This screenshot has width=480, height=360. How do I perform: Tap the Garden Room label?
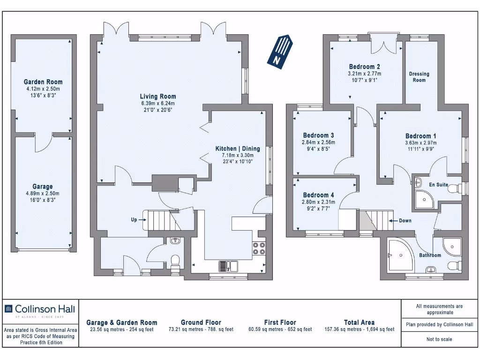click(x=43, y=82)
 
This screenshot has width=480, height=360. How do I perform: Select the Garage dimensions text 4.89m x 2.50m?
click(x=43, y=194)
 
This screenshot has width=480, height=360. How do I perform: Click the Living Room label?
click(x=158, y=97)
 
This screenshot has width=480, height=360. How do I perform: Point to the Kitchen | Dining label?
click(x=238, y=149)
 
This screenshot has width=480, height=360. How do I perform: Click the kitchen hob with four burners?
click(x=259, y=248)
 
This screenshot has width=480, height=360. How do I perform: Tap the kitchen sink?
click(x=228, y=266)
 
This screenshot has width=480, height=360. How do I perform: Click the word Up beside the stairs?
click(x=134, y=219)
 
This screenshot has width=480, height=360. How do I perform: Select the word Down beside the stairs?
click(x=405, y=221)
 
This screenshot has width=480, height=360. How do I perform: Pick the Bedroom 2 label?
click(x=365, y=67)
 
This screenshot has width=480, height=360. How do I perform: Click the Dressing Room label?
click(x=419, y=77)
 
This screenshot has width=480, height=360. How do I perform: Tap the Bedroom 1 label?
click(x=421, y=136)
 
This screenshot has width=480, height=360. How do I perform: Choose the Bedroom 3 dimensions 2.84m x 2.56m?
click(x=318, y=142)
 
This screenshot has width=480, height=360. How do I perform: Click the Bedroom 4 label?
click(x=318, y=195)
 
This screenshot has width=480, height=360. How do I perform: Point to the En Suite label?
click(x=439, y=185)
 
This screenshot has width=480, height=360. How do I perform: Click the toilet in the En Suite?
click(x=455, y=188)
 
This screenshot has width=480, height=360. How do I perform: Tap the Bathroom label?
click(x=430, y=255)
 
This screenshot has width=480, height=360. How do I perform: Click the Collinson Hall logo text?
click(x=45, y=309)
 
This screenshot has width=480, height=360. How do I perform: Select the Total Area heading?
click(x=360, y=322)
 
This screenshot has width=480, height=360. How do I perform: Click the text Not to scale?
click(x=439, y=339)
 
